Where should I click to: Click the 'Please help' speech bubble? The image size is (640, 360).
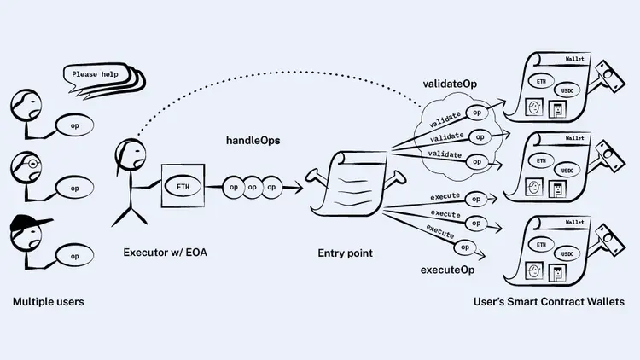(x=96, y=74)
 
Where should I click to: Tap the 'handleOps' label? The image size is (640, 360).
(x=253, y=140)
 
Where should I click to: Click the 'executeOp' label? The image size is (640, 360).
(x=447, y=270)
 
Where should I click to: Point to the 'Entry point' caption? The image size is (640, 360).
(x=344, y=253)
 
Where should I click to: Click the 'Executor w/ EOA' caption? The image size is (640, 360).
(x=165, y=253)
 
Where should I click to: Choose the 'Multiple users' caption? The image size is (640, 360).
(x=48, y=302)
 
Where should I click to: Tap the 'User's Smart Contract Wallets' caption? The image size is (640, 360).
(x=549, y=302)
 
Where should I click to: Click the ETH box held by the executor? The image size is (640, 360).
(x=183, y=187)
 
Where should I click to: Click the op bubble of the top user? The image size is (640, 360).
(x=75, y=125)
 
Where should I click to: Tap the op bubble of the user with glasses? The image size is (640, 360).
(x=75, y=188)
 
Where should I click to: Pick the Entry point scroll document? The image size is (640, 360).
(x=349, y=183)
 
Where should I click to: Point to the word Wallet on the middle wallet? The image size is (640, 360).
(x=574, y=138)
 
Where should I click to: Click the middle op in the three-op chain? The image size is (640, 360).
(x=253, y=187)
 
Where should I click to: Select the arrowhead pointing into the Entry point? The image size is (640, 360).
(x=300, y=187)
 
